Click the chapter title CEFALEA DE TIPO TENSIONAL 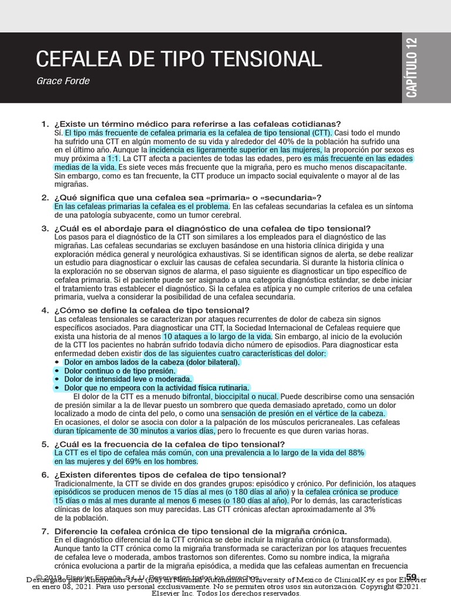(x=179, y=59)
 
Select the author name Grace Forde (x=63, y=81)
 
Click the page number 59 (x=410, y=577)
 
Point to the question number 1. (x=45, y=124)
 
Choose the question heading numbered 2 (x=187, y=197)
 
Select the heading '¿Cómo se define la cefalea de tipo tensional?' (x=152, y=310)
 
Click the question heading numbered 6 (x=170, y=474)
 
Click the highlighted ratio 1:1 (x=112, y=158)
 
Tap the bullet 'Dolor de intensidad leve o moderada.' (x=128, y=379)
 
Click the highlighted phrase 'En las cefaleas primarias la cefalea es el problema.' (x=142, y=207)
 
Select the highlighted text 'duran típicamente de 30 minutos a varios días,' (x=135, y=431)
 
